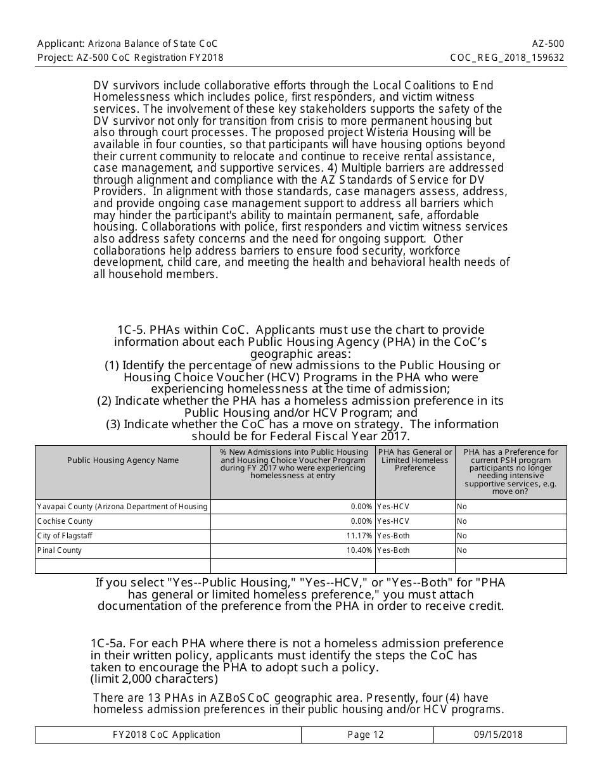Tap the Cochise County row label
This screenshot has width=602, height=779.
click(x=65, y=521)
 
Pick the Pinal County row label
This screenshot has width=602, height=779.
click(x=60, y=550)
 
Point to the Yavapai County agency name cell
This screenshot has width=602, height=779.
click(x=122, y=507)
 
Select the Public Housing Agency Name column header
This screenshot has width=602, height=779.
click(x=123, y=460)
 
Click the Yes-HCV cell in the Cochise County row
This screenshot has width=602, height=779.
click(x=393, y=521)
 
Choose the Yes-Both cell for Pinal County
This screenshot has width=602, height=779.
click(x=394, y=550)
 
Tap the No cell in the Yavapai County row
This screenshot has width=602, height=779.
click(x=462, y=507)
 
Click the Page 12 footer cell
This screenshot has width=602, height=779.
click(x=366, y=735)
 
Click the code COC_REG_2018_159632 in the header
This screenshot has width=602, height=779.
click(x=507, y=57)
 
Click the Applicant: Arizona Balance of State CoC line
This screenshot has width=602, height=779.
click(x=127, y=44)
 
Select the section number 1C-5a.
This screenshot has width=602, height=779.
click(x=110, y=643)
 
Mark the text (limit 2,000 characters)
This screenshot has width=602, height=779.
click(x=154, y=679)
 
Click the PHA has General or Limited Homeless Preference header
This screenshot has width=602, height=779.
click(x=415, y=460)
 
